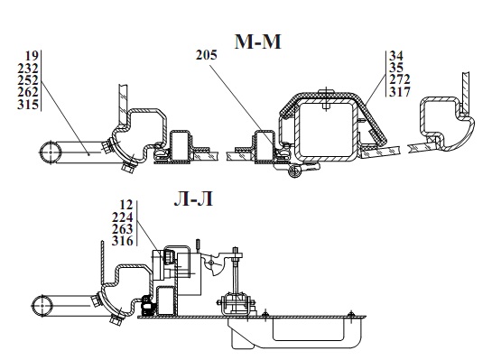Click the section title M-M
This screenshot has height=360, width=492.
257,42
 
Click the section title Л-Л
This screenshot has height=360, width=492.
193,198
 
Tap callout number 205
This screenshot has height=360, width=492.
207,55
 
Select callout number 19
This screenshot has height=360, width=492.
32,56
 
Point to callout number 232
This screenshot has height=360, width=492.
28,68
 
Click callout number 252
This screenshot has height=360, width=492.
28,80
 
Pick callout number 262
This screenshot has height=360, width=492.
28,92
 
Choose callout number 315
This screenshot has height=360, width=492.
28,104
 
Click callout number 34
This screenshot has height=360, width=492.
396,56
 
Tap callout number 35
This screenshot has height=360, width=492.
396,68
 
